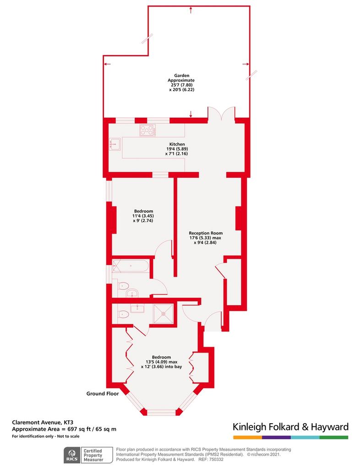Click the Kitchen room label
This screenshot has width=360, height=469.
(177, 144)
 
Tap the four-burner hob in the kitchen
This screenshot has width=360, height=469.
(147, 130)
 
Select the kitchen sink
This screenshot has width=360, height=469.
(115, 143)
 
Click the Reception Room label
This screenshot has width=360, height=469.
(206, 233)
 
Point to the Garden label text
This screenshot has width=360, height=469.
(182, 76)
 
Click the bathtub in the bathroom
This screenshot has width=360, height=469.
(131, 266)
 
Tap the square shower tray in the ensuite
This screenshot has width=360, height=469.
(163, 313)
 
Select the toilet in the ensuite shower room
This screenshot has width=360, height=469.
(122, 314)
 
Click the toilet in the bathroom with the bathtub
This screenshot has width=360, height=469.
(122, 287)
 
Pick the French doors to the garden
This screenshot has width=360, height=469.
(221, 114)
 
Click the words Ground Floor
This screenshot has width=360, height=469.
(103, 393)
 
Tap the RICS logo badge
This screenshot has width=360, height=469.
(72, 455)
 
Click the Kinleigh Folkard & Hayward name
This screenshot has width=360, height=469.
(291, 427)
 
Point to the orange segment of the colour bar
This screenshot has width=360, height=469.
(248, 437)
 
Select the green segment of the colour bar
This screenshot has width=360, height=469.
(334, 437)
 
